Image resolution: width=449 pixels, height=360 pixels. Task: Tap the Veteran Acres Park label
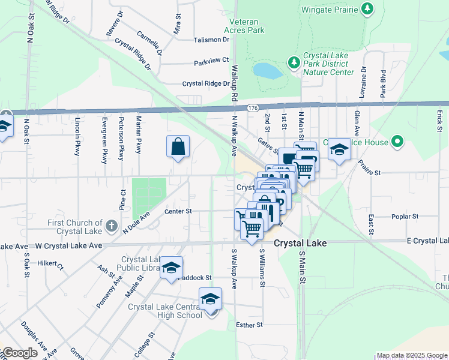coord(244,25)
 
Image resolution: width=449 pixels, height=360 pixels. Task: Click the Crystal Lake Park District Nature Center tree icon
coord(294,62)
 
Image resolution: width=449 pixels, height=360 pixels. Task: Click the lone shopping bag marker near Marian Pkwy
coord(178,147)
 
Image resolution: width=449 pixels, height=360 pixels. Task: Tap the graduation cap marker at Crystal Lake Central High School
coord(211,299)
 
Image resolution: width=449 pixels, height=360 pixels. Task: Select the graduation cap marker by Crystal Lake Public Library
coord(171,268)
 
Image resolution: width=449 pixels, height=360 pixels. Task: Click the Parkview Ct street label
coord(211,62)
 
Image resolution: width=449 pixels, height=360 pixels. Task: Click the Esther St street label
coord(250,325)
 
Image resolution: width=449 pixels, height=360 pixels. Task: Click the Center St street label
coord(179,211)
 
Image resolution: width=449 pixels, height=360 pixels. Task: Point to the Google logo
coord(20,353)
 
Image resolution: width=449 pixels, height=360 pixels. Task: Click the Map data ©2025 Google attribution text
coord(411,356)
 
